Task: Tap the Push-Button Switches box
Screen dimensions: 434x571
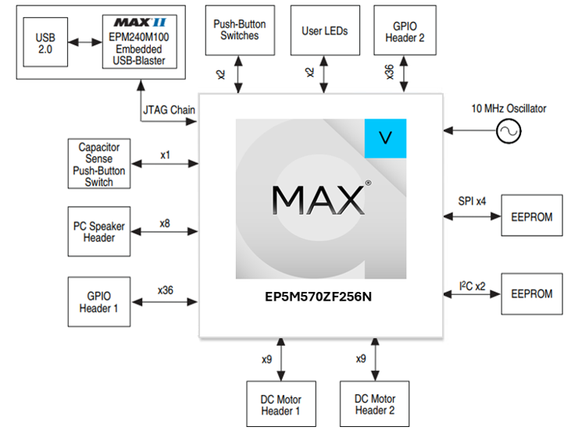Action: coord(241,31)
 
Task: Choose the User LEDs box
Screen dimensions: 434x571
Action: coord(325,31)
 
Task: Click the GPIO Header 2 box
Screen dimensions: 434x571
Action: coord(405,31)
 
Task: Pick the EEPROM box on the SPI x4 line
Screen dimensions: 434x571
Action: coord(531,216)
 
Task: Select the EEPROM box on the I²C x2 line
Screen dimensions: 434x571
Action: coord(531,293)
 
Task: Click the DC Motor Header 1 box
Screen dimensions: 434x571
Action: coord(280,404)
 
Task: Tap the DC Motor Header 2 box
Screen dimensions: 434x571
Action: coord(374,404)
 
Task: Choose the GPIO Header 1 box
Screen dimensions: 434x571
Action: coord(99,301)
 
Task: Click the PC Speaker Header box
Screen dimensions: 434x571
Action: coord(99,232)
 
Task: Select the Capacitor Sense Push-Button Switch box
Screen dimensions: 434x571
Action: coord(99,164)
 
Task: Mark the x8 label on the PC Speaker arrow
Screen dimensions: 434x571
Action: coord(165,223)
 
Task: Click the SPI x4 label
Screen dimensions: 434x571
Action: coord(472,202)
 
